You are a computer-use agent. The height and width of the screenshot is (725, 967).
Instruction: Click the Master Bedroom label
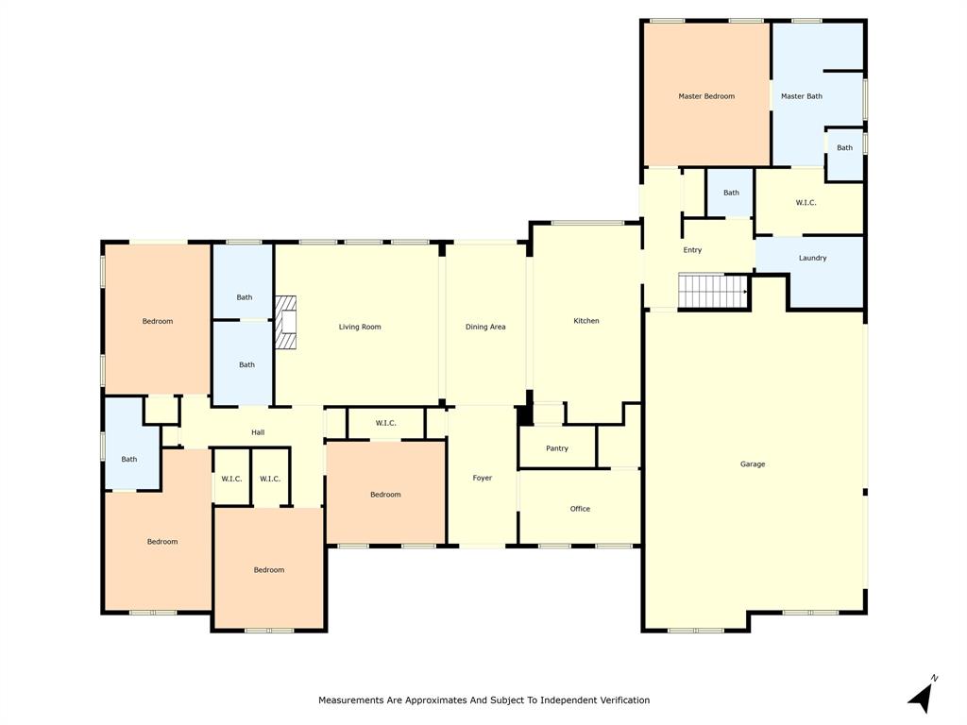[705, 96]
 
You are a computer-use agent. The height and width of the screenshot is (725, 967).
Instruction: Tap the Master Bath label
[801, 96]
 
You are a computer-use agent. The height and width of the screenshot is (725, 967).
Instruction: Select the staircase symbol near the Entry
[713, 291]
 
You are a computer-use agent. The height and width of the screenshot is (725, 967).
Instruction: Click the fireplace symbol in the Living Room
[286, 323]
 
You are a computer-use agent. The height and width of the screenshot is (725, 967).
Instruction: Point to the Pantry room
[557, 448]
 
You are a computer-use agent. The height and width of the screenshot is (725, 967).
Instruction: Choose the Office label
[580, 509]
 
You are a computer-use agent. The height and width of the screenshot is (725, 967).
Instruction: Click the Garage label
[753, 464]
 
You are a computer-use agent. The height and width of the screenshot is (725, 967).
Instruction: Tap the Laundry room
[812, 258]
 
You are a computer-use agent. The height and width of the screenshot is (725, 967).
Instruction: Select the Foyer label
[483, 479]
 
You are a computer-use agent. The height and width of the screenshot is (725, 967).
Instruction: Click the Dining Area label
[485, 328]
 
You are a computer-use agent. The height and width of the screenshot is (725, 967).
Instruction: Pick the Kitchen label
[586, 321]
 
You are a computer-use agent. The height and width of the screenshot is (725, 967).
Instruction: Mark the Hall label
[258, 432]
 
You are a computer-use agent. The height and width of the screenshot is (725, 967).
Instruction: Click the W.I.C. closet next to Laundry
[806, 203]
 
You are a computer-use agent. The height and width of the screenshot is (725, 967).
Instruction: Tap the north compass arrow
[922, 696]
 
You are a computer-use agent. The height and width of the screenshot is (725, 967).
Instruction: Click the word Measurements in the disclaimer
[351, 700]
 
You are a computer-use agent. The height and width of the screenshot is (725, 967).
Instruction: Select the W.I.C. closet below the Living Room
[385, 423]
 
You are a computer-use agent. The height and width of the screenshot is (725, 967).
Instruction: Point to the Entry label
[692, 250]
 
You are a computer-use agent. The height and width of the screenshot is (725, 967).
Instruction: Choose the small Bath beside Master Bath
[844, 148]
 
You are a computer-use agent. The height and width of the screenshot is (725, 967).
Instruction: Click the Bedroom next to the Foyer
[385, 495]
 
